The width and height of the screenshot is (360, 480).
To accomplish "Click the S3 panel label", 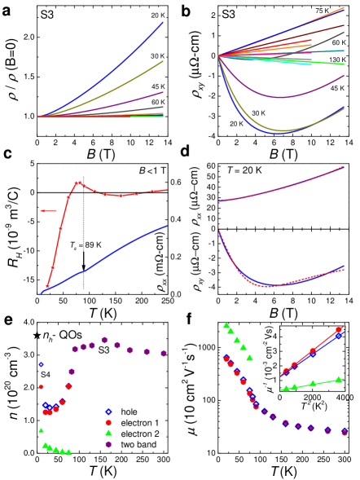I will coord(48,15).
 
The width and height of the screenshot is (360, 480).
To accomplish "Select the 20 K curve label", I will coord(157,15).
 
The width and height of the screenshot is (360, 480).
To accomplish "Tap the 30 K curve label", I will coord(157,55).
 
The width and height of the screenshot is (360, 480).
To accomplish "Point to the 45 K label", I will coord(157,86).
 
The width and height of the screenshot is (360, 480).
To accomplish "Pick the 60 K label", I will coord(157,102).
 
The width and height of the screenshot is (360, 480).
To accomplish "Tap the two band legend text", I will coord(138,444).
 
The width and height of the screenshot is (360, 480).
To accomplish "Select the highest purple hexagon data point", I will coord(104,340).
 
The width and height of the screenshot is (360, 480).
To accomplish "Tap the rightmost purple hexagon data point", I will coord(164,353).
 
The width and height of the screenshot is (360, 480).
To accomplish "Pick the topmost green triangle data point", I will coord(226,326).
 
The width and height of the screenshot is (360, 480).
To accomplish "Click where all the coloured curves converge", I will coord(218,55).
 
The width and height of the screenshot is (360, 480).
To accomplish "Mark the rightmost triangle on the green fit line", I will coord(339,378).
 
